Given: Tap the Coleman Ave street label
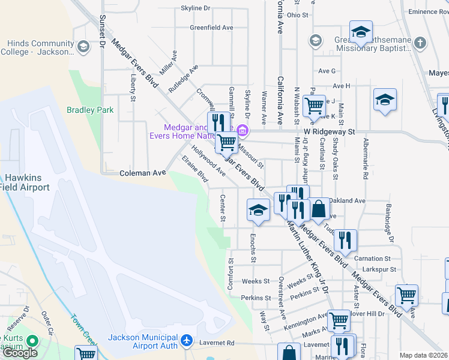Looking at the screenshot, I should click(143, 173).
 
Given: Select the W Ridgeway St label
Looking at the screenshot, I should click(330, 131).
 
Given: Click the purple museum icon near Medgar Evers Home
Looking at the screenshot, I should click(242, 130).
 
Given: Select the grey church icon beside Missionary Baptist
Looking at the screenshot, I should click(420, 43).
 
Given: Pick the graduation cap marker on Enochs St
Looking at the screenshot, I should click(259, 209).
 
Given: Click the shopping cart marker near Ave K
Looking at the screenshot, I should click(314, 106).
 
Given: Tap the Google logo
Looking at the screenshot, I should click(20, 353).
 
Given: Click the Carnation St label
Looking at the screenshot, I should click(376, 259).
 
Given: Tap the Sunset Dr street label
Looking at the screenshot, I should click(103, 31).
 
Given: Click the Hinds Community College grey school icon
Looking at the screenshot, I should click(83, 46).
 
